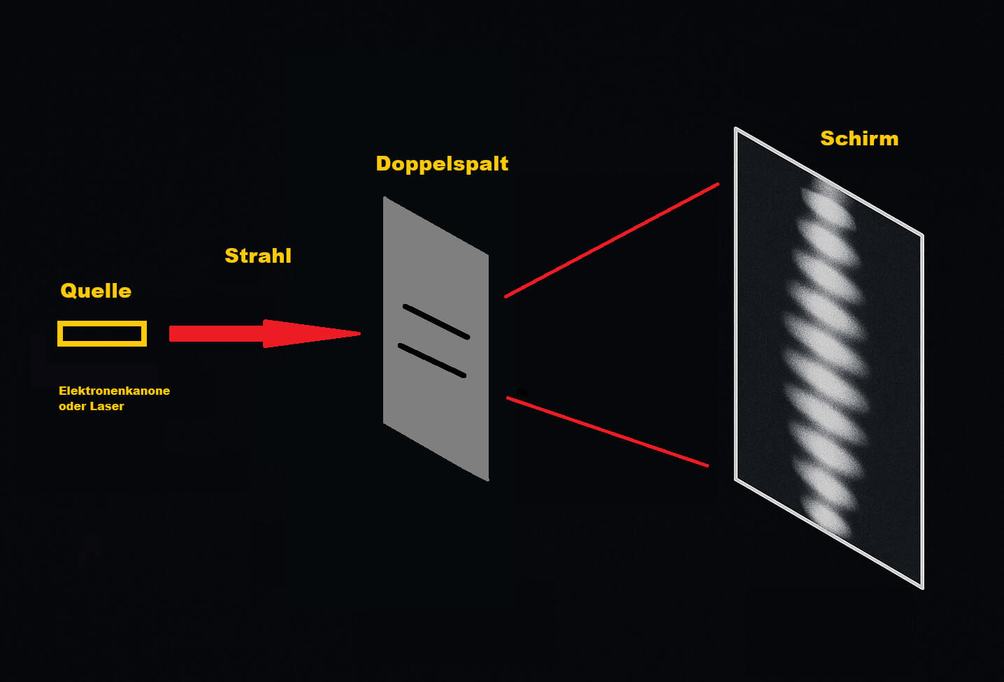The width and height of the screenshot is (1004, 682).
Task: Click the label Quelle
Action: point(96,291)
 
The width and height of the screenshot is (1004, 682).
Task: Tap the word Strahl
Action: point(258,256)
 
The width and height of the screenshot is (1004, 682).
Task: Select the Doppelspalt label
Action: point(442,164)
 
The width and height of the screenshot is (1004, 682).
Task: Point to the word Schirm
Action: point(859,138)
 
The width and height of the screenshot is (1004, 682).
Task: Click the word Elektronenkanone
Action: point(114,391)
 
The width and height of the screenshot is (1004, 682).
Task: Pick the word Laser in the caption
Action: point(107,407)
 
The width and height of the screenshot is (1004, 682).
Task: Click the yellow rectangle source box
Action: point(102,322)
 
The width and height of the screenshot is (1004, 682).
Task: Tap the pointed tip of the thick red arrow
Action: point(361,333)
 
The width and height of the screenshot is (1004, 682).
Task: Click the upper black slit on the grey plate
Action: point(436,321)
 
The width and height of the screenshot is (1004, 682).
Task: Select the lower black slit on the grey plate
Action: point(432,361)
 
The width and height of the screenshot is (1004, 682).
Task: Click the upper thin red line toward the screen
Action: point(612,240)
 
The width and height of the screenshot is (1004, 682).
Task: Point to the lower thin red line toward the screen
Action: point(608,432)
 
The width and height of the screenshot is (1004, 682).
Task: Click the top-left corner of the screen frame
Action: point(736,129)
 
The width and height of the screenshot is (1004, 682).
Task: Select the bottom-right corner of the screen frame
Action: point(922,588)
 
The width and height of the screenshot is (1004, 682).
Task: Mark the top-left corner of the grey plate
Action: point(384,197)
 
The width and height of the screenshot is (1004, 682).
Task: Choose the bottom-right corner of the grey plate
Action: point(488,481)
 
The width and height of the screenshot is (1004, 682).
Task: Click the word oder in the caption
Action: point(72,407)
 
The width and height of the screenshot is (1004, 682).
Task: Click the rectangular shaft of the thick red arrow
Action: point(217,334)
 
